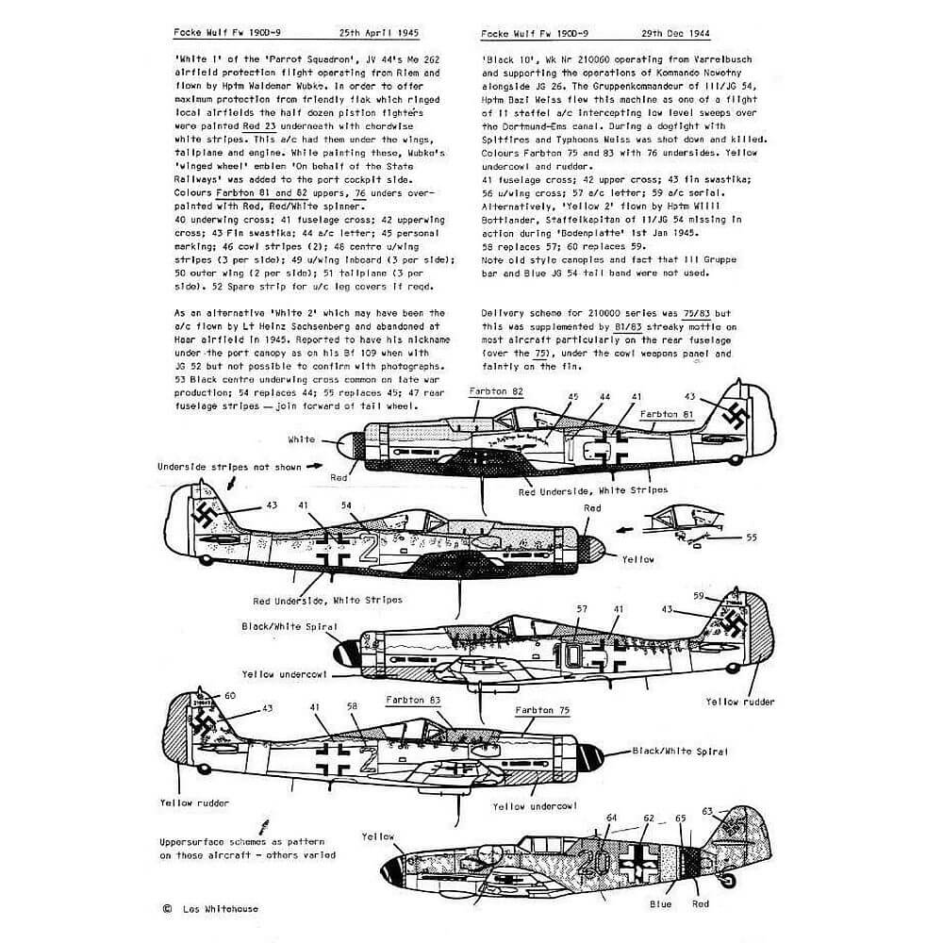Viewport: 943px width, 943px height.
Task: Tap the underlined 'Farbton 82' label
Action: tap(495, 389)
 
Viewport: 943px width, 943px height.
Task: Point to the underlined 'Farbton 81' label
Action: tap(668, 413)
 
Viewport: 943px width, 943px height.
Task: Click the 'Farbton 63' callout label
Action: tap(412, 701)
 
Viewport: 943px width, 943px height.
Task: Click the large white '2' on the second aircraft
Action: tap(370, 548)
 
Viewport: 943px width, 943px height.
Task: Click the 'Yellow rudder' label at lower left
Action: tap(193, 804)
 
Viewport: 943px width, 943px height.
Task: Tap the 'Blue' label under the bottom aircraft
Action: tap(660, 904)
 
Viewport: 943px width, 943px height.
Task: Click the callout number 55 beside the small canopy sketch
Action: tap(751, 537)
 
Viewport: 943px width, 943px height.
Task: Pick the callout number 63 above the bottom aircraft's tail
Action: tap(709, 810)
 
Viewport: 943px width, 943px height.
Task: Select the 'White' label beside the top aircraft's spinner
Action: tap(302, 439)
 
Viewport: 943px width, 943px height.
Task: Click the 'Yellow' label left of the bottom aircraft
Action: tap(377, 836)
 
